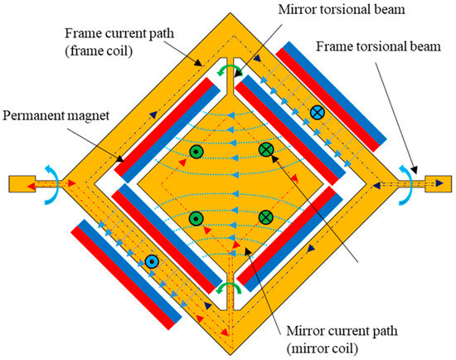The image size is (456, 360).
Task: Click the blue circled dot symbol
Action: (151, 261)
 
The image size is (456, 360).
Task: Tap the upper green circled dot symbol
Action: (196, 152)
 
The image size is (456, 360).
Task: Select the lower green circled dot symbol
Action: (196, 218)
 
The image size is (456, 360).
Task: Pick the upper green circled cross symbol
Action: (266, 150)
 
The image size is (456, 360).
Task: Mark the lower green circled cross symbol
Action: (265, 217)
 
